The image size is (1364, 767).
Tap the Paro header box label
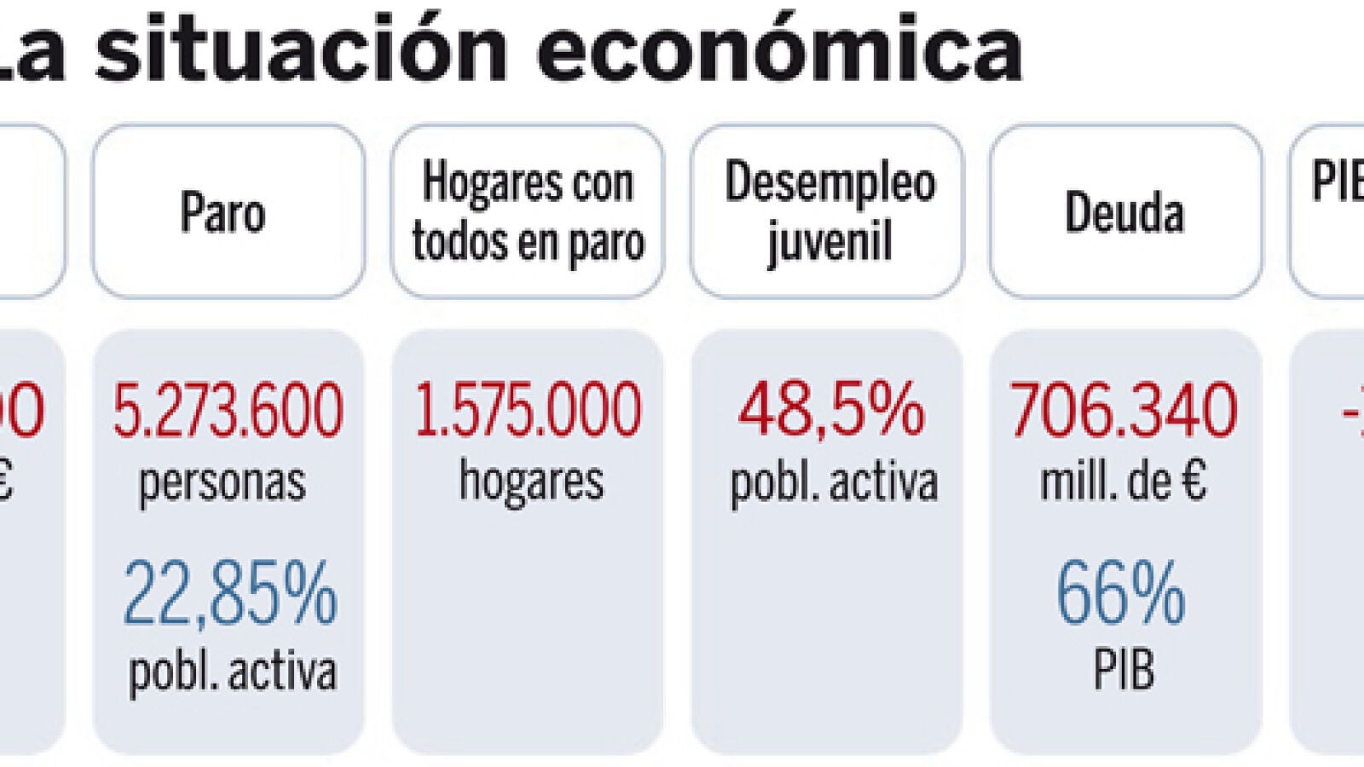(x=223, y=212)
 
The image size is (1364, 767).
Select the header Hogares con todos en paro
(x=528, y=212)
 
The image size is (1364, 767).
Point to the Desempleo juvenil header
(x=829, y=212)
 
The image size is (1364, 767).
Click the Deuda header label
(x=1124, y=212)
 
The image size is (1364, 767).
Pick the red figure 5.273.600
(x=228, y=411)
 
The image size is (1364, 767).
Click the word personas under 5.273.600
(x=223, y=482)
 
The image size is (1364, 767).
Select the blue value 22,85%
(x=230, y=594)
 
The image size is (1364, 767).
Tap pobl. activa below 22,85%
(x=232, y=672)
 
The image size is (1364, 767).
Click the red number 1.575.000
(x=528, y=411)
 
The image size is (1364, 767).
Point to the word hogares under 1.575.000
(x=531, y=481)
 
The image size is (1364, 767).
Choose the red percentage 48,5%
(x=831, y=411)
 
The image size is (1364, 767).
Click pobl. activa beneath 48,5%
(x=834, y=482)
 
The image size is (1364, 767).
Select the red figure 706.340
(x=1124, y=411)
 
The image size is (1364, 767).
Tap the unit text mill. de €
(x=1124, y=482)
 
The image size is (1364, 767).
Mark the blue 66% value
(x=1121, y=594)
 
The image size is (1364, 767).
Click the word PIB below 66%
(x=1124, y=671)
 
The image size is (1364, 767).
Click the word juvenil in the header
(x=829, y=241)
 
